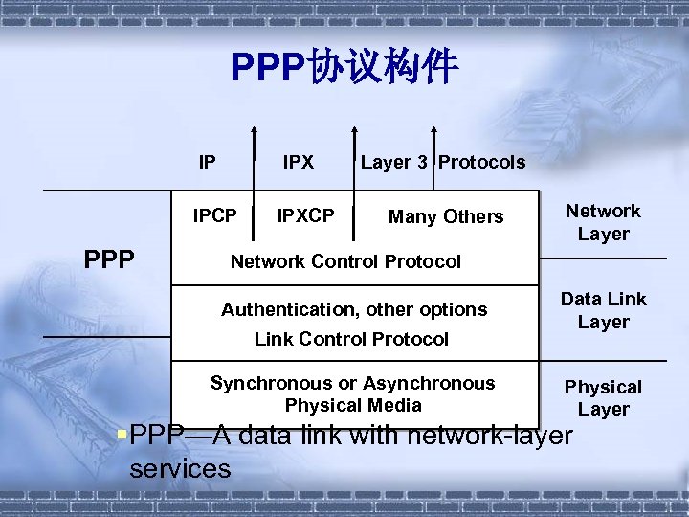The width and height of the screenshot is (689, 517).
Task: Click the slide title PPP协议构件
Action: (344, 67)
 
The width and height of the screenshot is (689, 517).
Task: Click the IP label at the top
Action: (207, 162)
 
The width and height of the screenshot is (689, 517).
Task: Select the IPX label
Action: (298, 162)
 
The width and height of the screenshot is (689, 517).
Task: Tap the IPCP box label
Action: (214, 215)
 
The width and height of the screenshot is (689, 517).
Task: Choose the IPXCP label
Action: (305, 215)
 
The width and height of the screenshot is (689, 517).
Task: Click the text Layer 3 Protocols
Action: (442, 162)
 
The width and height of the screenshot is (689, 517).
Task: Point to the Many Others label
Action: (445, 216)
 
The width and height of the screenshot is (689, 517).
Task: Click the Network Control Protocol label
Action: (345, 261)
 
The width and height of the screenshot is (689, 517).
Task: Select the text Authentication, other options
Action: (354, 309)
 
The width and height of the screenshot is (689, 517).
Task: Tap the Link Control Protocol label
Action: (351, 339)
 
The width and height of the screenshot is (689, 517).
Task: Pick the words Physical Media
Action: (352, 405)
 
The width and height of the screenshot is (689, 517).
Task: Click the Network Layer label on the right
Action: (603, 222)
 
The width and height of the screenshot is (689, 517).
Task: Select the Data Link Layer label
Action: (603, 310)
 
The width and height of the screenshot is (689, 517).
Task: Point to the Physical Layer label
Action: (603, 397)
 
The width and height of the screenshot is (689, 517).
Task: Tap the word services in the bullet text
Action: (180, 468)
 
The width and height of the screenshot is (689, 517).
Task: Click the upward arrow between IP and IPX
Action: (255, 168)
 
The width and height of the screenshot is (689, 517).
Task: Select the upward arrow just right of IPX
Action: (353, 168)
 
